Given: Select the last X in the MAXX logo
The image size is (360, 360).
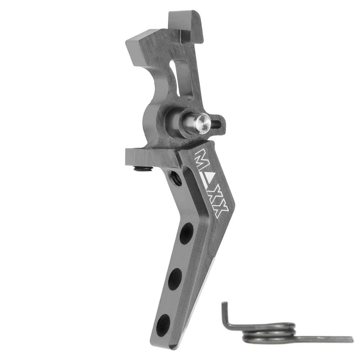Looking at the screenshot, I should click(x=222, y=211).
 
